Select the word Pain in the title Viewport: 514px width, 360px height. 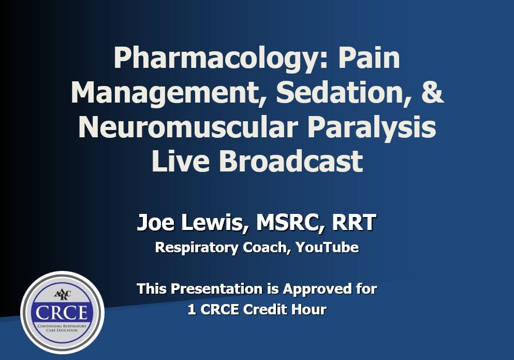369,58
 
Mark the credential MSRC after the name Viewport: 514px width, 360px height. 284,223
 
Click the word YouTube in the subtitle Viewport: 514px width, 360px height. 327,248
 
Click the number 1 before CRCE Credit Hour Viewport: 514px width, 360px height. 192,310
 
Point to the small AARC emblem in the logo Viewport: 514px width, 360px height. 62,294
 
